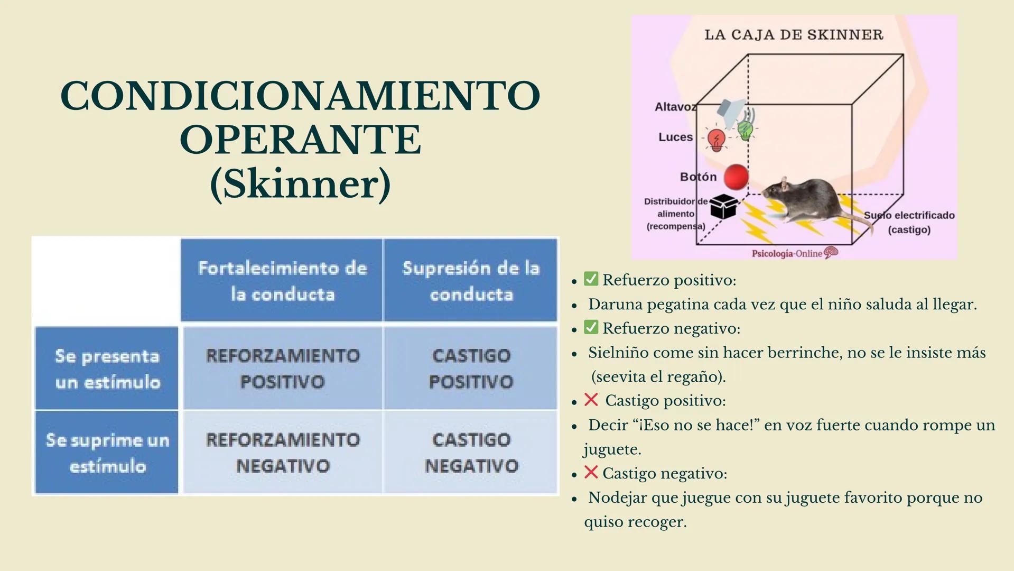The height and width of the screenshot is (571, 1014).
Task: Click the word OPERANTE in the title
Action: [x=300, y=140]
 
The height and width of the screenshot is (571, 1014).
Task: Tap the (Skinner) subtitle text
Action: [x=300, y=184]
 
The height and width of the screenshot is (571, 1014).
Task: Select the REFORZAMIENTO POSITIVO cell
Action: [x=282, y=369]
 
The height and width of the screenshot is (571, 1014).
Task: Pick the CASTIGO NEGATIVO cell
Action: [x=471, y=453]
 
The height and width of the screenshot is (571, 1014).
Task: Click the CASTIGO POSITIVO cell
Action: [x=471, y=369]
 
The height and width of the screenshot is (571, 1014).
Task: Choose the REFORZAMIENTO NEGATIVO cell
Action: [x=282, y=453]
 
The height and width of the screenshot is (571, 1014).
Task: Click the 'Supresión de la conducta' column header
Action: [x=470, y=280]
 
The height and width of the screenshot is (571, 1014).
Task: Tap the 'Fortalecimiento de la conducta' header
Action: [x=282, y=280]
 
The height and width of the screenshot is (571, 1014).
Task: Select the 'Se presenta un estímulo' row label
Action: [x=107, y=369]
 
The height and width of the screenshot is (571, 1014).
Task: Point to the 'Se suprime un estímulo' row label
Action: [x=107, y=453]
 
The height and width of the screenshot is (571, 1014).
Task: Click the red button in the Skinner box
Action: [x=736, y=177]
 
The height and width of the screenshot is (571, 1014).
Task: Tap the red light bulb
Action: [x=717, y=140]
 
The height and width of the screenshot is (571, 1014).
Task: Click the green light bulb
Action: [x=745, y=130]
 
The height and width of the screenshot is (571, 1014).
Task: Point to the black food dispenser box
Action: [x=723, y=206]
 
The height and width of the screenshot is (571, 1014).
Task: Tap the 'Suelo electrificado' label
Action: [x=909, y=215]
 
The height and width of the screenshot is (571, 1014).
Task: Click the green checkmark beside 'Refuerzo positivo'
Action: [x=591, y=279]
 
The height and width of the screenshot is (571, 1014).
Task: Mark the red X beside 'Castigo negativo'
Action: [x=591, y=472]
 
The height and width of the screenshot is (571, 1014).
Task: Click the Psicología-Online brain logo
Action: [x=831, y=253]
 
